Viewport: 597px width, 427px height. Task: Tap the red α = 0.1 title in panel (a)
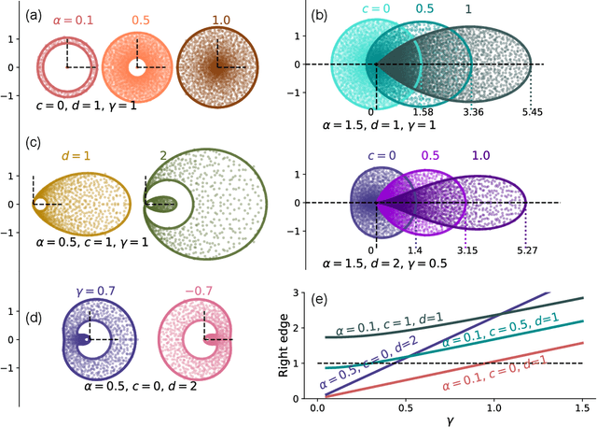coord(66,17)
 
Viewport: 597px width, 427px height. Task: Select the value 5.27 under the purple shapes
coord(529,249)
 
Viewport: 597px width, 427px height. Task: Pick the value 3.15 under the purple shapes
coord(465,249)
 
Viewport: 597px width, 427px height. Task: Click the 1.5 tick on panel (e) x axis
coord(584,408)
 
